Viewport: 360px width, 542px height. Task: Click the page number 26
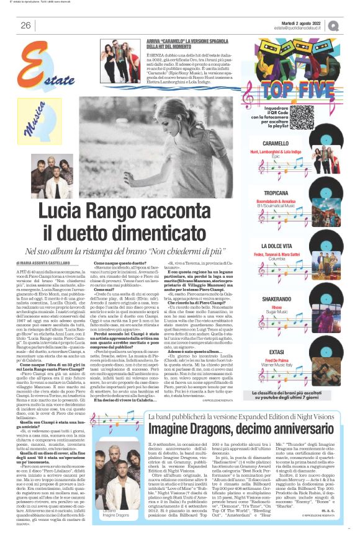(x=25, y=25)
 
